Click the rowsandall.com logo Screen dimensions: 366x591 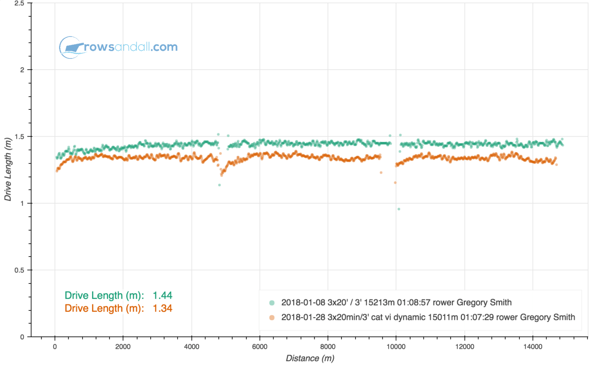[x=118, y=48]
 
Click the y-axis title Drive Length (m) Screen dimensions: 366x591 [x=8, y=169]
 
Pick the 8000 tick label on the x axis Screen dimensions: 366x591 [x=328, y=346]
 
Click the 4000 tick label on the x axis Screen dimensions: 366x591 [x=191, y=346]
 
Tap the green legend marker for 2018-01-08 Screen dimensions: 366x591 [x=272, y=302]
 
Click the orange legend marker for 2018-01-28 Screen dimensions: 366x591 [x=272, y=317]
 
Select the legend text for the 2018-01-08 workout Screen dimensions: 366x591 [x=400, y=302]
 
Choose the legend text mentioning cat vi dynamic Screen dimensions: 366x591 [x=428, y=317]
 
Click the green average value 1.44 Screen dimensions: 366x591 [x=162, y=296]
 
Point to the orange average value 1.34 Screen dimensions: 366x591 [x=162, y=308]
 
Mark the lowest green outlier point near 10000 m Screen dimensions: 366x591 [x=399, y=209]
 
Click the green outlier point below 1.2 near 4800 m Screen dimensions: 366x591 [x=219, y=185]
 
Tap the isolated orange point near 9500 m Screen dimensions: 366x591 [x=381, y=172]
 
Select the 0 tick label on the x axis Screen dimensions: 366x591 [x=55, y=346]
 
